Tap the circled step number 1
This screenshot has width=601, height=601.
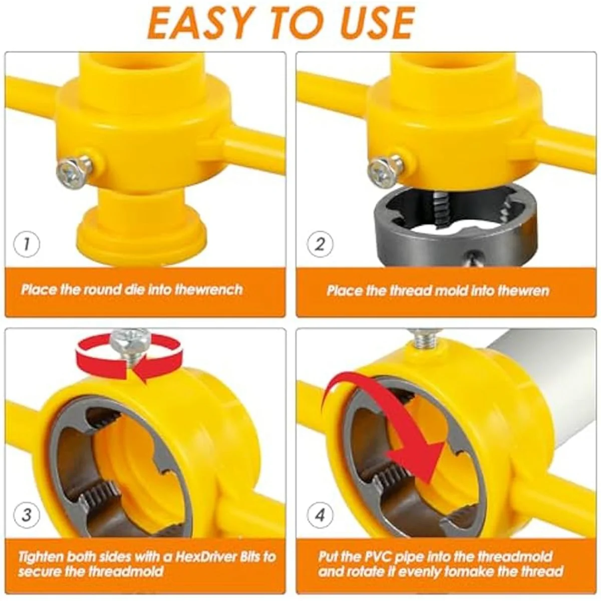26,244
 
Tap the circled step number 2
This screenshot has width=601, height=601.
320,244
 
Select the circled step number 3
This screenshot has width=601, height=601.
26,515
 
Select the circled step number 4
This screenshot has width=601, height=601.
320,515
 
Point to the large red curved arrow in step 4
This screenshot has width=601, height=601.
396,426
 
